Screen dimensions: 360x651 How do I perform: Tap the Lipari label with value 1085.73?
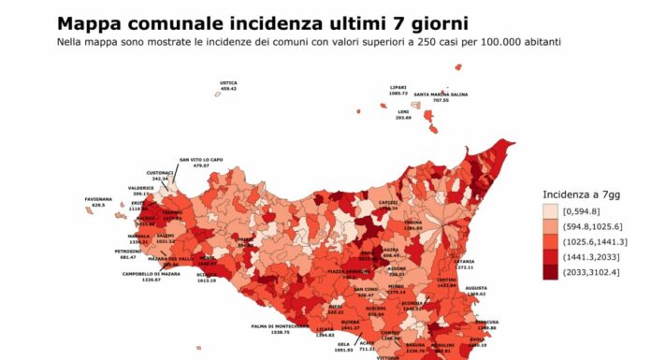click(x=398, y=90)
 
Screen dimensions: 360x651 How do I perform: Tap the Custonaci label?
click(x=160, y=175)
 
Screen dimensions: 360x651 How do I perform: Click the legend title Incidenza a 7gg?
click(x=581, y=194)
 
